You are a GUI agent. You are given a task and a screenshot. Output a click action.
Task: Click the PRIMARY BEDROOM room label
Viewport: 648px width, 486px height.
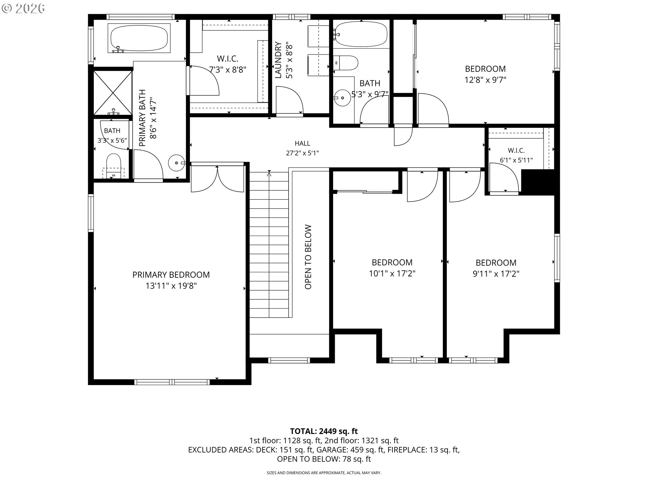click(171, 275)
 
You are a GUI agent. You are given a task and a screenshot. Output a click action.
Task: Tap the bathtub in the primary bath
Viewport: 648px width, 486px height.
click(139, 38)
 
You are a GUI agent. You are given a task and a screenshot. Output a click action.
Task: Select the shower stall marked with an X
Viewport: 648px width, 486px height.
click(113, 92)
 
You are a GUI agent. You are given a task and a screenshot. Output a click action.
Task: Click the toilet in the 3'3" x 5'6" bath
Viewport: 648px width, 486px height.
click(113, 165)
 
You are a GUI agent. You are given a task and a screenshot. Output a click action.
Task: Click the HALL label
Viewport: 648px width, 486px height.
click(302, 143)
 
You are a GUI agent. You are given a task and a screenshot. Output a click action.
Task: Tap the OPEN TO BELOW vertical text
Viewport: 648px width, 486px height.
click(308, 257)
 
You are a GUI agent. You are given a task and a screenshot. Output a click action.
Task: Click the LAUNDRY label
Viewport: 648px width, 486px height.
click(278, 60)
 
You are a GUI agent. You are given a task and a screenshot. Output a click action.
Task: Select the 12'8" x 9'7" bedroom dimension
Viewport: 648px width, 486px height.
click(485, 80)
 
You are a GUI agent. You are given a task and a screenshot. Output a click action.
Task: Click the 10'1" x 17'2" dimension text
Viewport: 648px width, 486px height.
click(392, 273)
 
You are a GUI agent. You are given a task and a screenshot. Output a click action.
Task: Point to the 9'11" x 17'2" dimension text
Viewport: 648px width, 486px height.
click(496, 274)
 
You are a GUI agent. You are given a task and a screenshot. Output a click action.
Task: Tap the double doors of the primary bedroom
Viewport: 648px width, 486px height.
click(218, 178)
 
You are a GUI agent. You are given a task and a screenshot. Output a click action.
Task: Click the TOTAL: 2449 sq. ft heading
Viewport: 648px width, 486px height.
click(324, 431)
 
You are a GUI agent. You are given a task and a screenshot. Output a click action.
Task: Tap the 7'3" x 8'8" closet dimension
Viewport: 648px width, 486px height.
click(228, 70)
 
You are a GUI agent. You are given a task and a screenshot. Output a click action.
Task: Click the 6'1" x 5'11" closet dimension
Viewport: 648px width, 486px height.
click(516, 160)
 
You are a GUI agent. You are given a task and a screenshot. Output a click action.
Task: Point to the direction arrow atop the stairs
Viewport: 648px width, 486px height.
click(269, 174)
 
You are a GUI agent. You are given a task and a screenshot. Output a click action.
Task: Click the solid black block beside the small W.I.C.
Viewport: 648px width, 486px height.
click(538, 182)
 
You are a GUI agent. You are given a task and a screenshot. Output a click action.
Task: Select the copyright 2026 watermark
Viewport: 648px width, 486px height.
click(23, 8)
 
